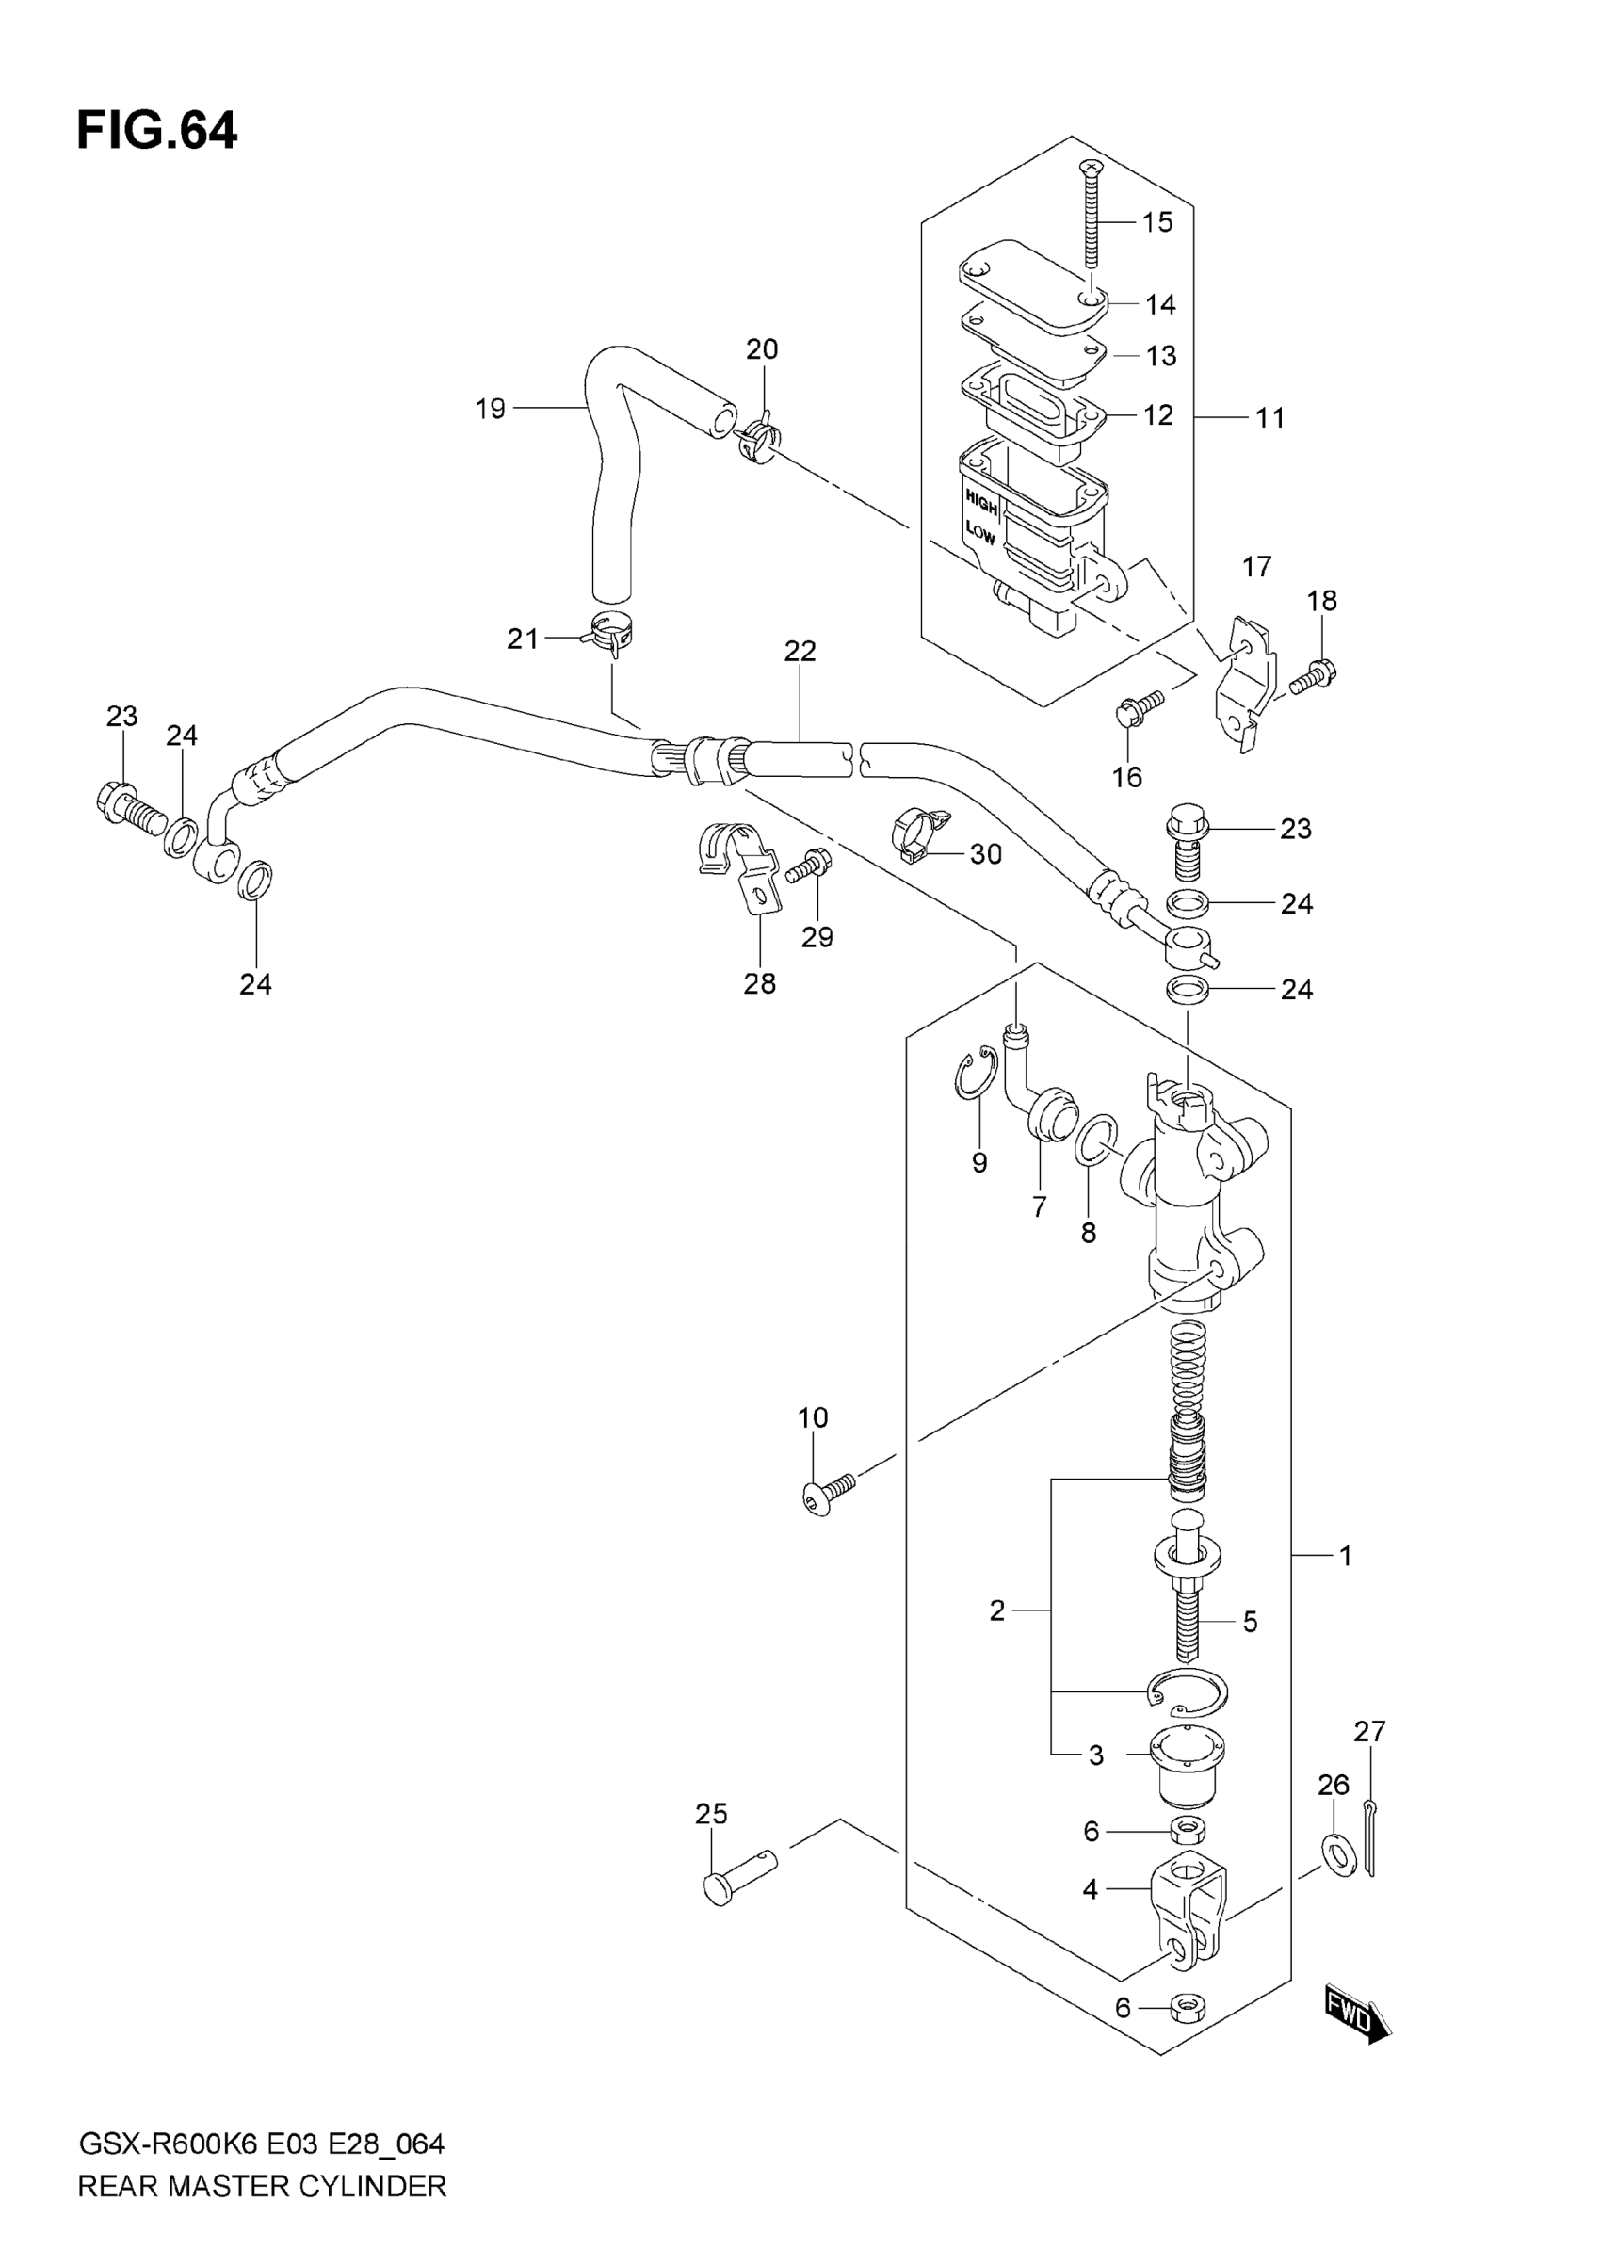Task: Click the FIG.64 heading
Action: (x=157, y=131)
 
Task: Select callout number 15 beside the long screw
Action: (x=1157, y=222)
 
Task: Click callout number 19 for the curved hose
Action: (x=491, y=408)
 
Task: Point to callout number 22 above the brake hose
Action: (x=800, y=651)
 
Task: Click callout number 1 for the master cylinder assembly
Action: (x=1344, y=1557)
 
